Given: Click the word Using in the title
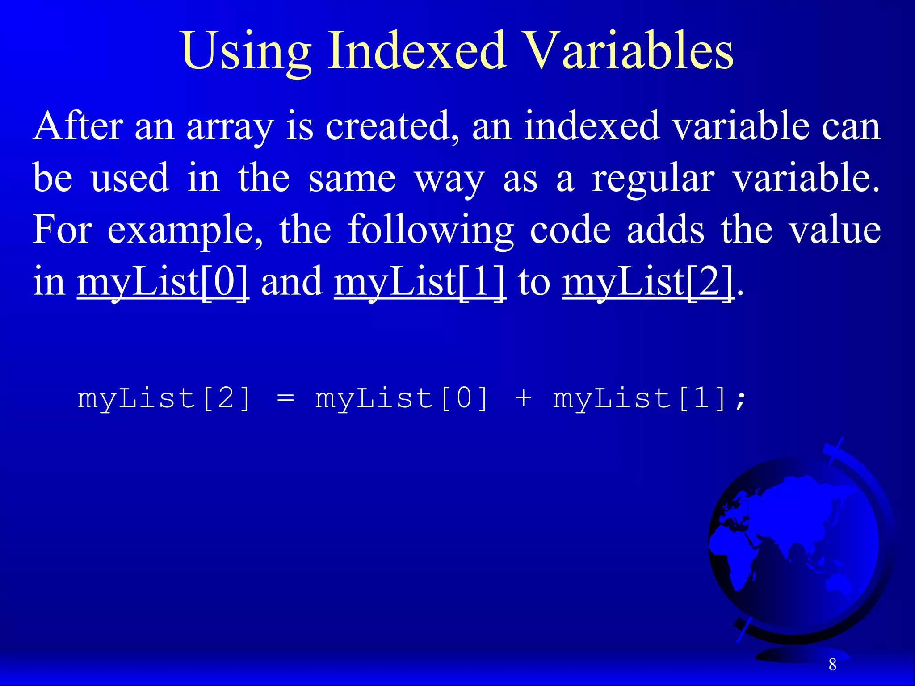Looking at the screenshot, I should [x=246, y=51].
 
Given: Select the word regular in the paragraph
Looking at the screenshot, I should [x=653, y=179].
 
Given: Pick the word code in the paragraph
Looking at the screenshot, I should [x=570, y=230].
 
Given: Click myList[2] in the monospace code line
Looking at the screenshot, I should [x=164, y=398].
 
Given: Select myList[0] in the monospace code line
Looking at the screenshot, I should [x=402, y=398].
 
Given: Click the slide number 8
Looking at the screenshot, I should [x=832, y=665].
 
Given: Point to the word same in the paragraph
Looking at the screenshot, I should [x=352, y=179].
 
